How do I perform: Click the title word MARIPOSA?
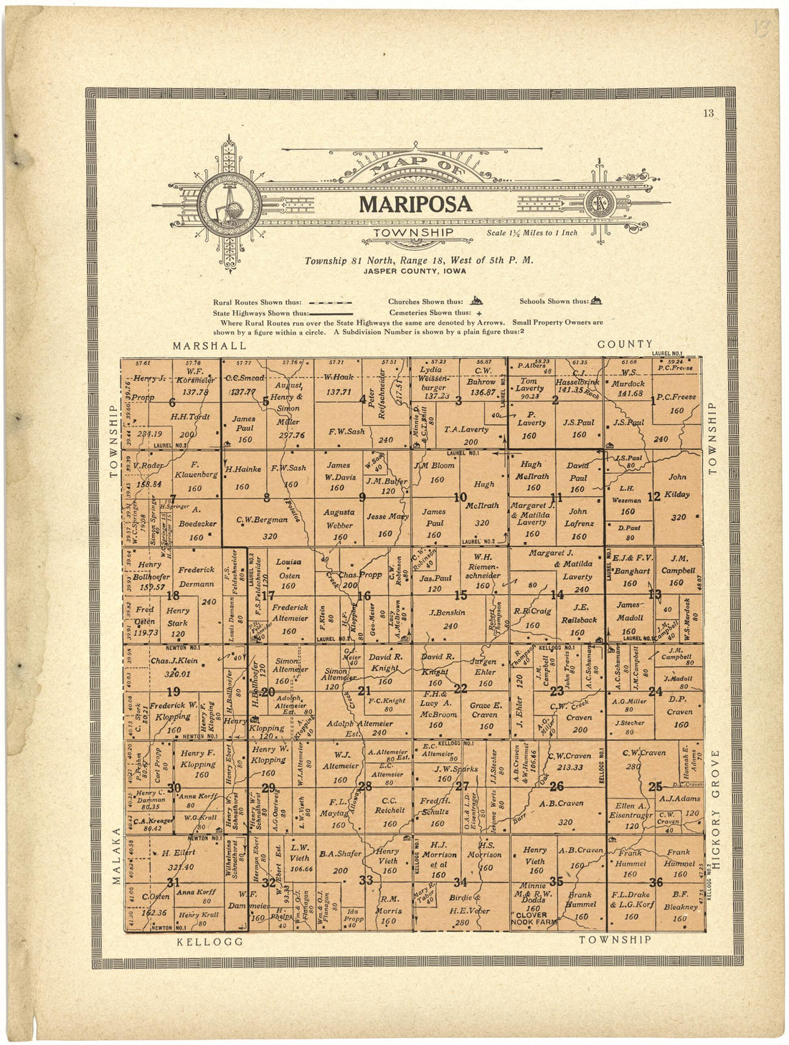click(x=415, y=204)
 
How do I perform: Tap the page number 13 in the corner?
click(x=709, y=112)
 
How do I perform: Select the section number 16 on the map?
click(x=364, y=596)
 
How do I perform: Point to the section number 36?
click(x=656, y=882)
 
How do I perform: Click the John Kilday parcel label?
click(x=678, y=486)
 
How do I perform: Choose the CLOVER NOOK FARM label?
click(x=534, y=919)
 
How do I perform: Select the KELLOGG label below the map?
click(x=210, y=941)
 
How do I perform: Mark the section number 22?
click(x=461, y=689)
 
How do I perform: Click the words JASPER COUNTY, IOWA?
click(x=414, y=271)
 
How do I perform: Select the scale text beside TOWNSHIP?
click(x=531, y=233)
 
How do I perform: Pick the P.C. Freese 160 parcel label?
click(x=676, y=403)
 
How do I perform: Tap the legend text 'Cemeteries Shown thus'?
click(x=430, y=312)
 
